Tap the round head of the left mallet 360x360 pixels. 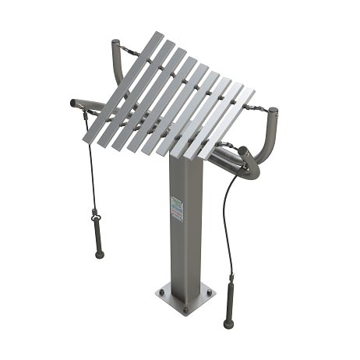(x=99, y=254)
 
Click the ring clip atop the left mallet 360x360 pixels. (x=94, y=212)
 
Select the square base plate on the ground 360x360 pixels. (x=184, y=296)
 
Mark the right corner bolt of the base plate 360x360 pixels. (x=209, y=293)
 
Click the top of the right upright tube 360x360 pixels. (x=272, y=111)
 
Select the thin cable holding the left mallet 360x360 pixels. (x=90, y=164)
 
